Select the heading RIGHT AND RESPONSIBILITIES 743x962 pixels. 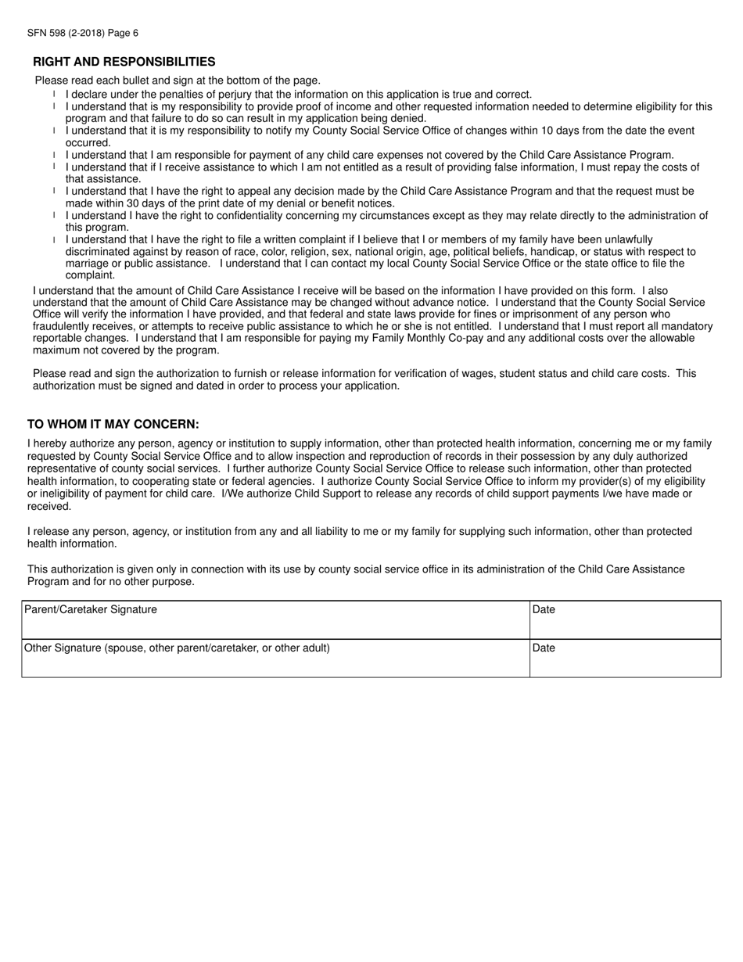124,62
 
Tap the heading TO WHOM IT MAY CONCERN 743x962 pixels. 113,424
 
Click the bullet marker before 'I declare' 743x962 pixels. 54,94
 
